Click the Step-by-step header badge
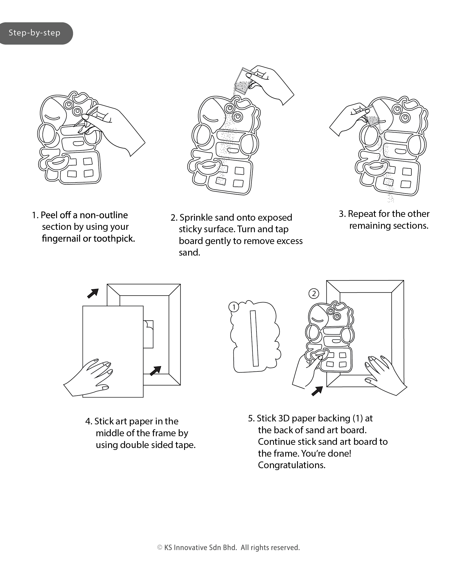[35, 33]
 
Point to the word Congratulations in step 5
[291, 465]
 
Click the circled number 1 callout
[234, 307]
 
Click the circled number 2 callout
[314, 293]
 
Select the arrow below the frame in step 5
[317, 391]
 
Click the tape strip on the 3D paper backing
[254, 338]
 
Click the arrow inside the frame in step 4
[155, 371]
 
